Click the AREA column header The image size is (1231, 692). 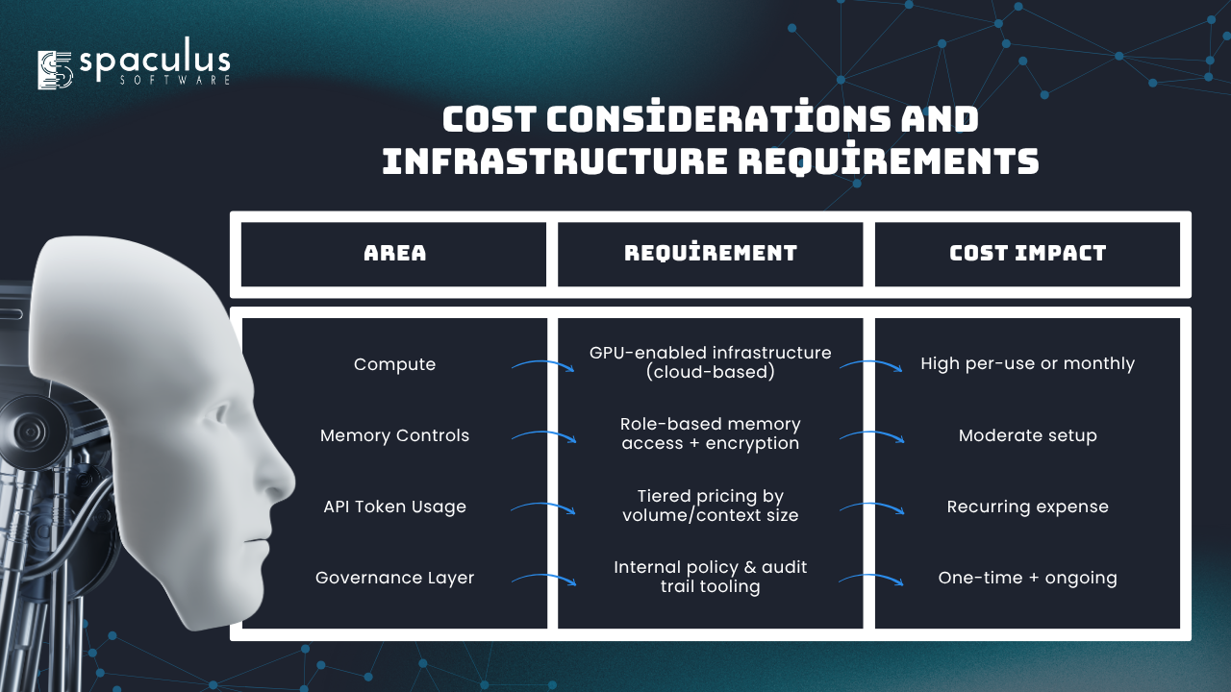point(394,253)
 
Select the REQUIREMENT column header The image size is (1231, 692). point(711,253)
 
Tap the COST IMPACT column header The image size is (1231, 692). point(1028,253)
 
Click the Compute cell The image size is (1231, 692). point(394,364)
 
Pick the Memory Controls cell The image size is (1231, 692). point(394,435)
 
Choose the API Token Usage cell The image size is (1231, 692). point(394,507)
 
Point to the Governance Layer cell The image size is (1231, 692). point(394,578)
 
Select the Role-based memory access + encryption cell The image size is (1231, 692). point(711,433)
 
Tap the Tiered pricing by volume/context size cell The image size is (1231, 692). point(711,506)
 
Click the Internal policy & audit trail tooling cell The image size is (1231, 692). point(711,577)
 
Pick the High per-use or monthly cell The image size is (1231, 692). point(1028,363)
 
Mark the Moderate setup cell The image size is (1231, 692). point(1028,435)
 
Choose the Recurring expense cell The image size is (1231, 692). point(1028,507)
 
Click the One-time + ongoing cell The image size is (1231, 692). point(1028,578)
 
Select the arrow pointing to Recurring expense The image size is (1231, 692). point(872,505)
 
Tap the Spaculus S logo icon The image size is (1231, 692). point(55,70)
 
